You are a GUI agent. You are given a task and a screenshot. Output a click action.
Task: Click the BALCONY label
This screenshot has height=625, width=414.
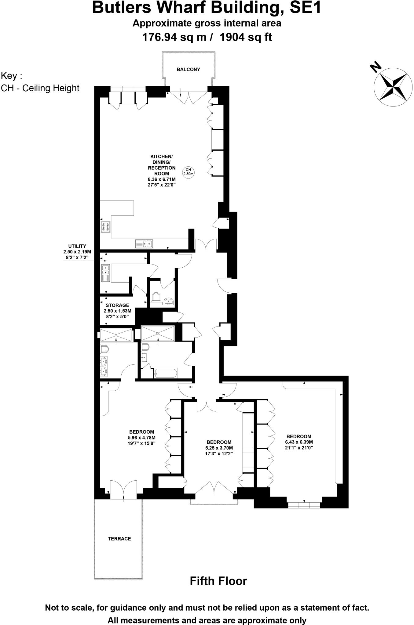188,70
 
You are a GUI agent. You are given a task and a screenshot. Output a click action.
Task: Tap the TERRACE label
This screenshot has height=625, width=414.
119,539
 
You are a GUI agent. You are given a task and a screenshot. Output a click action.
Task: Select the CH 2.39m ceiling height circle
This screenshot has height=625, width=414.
188,172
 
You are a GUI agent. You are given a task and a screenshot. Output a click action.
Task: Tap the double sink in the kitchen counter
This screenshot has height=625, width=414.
144,244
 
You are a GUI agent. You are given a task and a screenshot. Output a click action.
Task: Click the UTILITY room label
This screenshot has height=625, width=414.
77,246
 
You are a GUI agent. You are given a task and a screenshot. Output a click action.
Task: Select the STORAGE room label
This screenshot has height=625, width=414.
117,305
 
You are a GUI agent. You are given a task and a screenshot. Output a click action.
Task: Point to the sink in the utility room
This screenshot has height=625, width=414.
105,273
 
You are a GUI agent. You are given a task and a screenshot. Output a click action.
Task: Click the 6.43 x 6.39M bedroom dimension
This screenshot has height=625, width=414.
299,442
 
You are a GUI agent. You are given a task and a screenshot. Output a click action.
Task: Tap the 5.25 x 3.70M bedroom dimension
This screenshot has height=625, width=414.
219,448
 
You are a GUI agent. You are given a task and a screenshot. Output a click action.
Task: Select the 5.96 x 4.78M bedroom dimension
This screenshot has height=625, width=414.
141,438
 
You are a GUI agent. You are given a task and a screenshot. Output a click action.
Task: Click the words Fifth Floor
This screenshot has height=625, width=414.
218,581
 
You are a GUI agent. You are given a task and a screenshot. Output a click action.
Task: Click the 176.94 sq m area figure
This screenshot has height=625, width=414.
175,37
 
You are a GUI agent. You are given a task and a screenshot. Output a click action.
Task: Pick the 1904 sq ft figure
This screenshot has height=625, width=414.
246,37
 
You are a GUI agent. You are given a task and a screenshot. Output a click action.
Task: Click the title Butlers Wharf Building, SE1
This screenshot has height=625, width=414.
207,8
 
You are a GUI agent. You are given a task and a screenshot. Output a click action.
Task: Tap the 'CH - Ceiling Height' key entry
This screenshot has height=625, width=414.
40,88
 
